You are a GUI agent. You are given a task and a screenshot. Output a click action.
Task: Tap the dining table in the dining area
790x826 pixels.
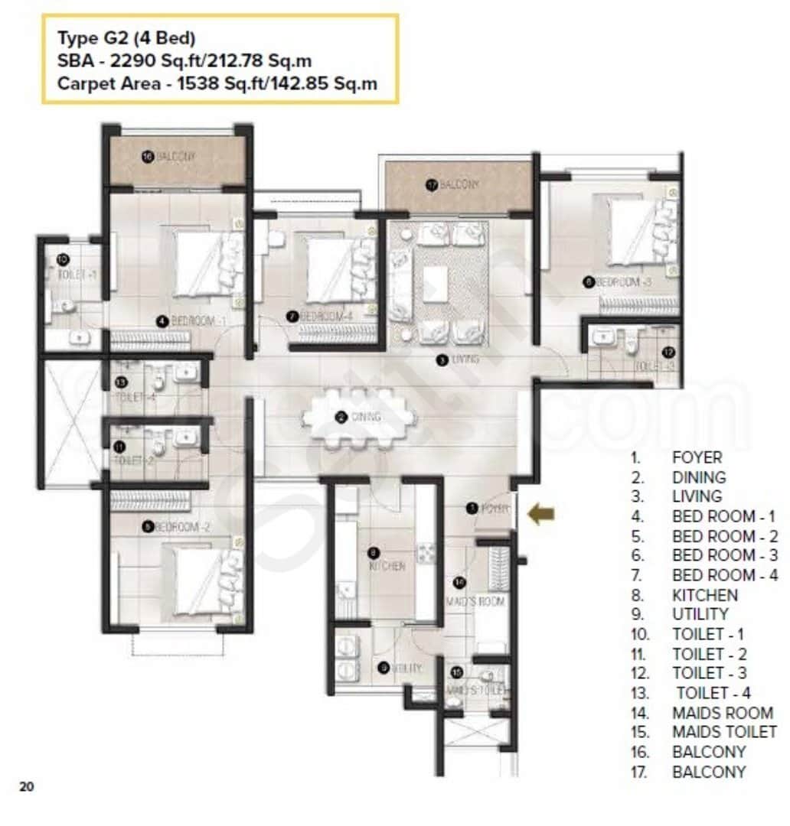point(359,418)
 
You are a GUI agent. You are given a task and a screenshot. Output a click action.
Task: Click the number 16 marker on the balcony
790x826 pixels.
point(148,156)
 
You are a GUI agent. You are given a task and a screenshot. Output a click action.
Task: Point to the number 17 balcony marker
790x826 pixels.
point(432,184)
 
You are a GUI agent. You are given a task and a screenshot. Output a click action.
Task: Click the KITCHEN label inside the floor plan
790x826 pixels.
point(387,567)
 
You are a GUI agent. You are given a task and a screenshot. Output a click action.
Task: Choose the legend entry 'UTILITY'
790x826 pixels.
point(700,614)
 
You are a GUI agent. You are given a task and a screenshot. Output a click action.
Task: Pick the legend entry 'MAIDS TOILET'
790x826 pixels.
point(723,732)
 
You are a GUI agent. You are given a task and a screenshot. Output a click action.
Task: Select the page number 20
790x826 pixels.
point(27,785)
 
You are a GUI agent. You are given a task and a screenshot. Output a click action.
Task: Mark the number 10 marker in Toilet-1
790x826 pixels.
point(63,259)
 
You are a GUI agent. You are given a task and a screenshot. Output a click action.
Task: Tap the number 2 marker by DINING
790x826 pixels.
point(340,417)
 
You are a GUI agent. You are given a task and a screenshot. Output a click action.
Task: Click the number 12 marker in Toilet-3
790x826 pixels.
point(668,352)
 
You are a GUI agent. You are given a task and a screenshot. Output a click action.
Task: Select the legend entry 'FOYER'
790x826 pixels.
point(697,457)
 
